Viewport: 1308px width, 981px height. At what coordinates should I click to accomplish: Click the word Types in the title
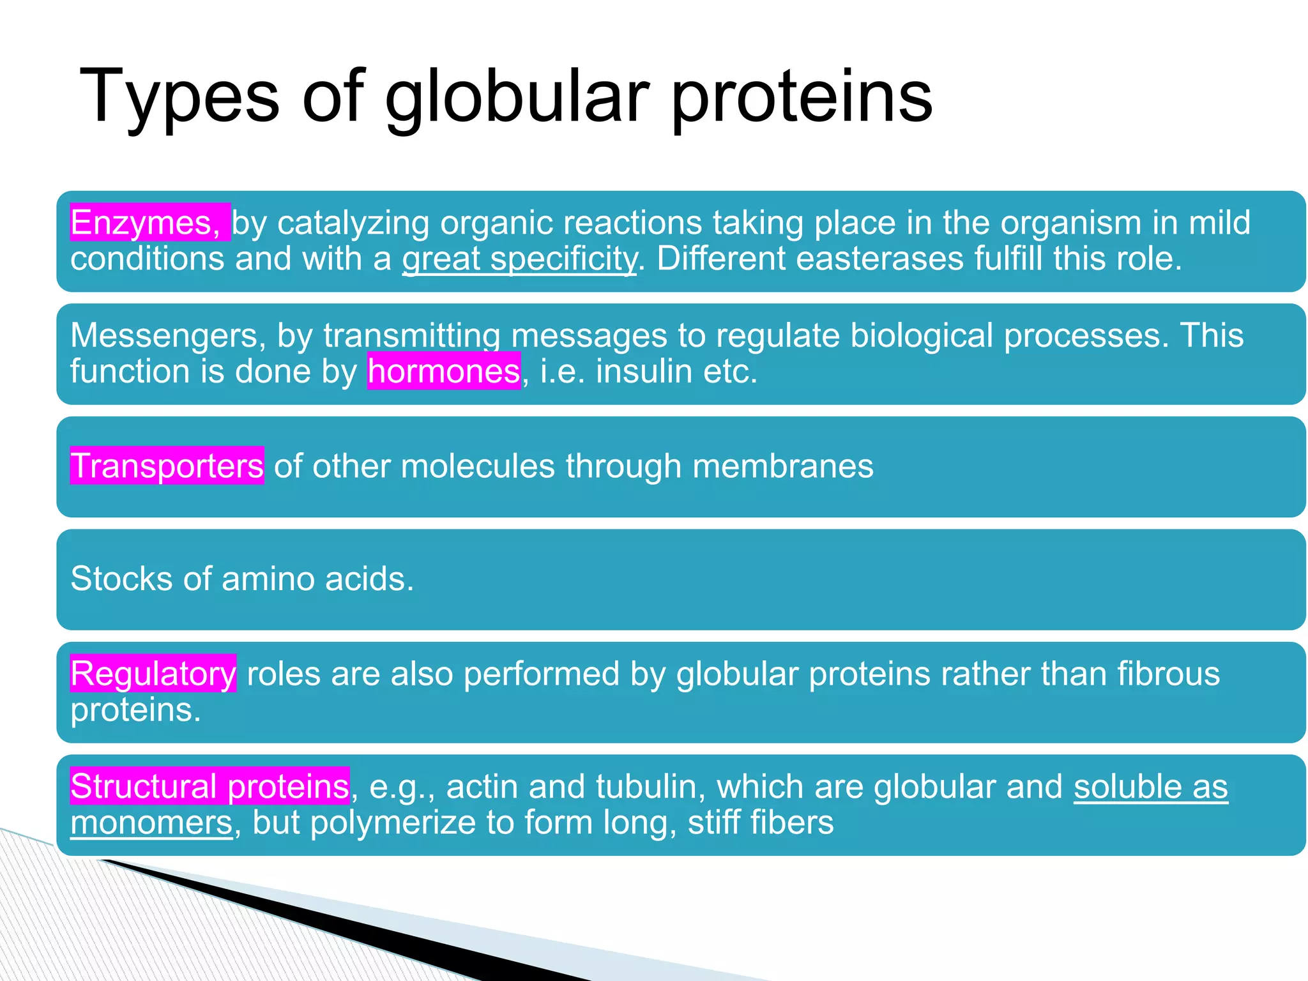179,97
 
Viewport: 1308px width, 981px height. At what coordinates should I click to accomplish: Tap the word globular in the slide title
517,97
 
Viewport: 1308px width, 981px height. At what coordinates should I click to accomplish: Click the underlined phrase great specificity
519,259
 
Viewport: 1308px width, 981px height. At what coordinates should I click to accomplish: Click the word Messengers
167,335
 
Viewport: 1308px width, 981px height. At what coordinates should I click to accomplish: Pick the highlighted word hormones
444,371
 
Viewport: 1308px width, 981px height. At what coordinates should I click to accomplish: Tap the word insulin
644,371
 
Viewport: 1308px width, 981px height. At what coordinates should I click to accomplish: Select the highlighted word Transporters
167,466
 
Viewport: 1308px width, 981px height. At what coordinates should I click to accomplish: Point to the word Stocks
121,579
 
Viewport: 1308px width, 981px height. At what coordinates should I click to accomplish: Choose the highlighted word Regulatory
153,674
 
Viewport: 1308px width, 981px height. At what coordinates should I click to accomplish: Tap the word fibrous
1168,674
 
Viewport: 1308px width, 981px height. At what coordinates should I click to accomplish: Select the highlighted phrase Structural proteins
209,786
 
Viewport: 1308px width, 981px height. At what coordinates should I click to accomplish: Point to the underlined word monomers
151,823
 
